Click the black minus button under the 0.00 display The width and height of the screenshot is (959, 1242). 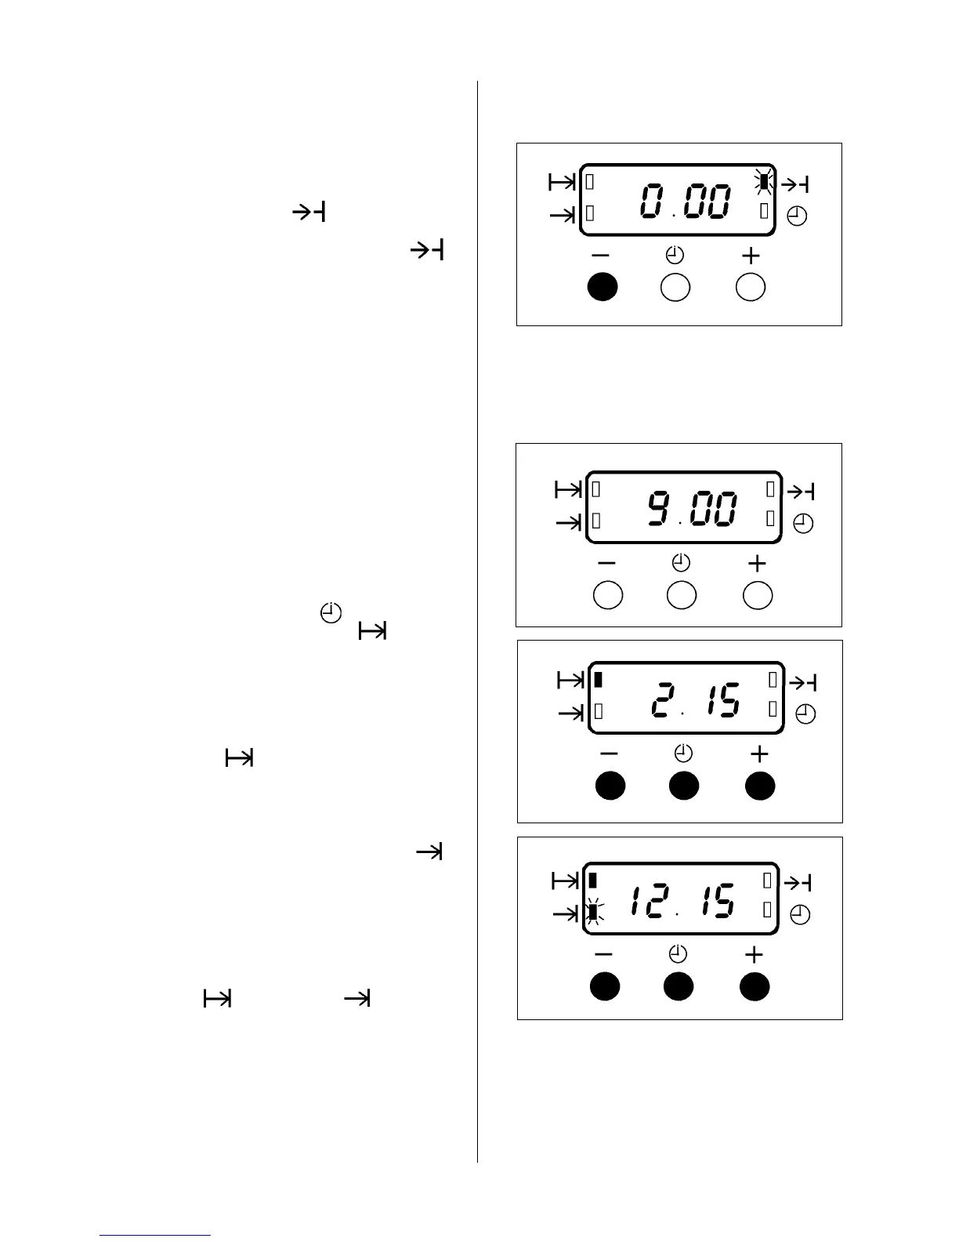point(603,288)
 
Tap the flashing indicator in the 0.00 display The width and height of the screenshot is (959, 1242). point(764,183)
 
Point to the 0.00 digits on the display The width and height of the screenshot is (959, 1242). point(686,202)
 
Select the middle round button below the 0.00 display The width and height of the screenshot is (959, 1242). point(675,288)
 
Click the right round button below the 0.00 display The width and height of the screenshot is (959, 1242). point(751,288)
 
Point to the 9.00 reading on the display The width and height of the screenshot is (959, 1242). point(692,510)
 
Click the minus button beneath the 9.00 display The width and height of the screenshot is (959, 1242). point(608,596)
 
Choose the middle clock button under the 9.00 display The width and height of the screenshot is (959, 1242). point(681,596)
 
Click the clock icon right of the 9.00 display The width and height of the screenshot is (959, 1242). point(803,523)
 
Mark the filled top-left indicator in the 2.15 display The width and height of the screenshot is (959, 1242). point(599,680)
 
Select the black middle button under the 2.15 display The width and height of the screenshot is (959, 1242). point(684,786)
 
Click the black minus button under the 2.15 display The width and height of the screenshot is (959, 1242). point(610,786)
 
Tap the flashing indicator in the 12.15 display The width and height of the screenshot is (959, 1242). point(593,912)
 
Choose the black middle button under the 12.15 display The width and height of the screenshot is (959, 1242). point(679,986)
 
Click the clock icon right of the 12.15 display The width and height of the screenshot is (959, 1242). point(800,915)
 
